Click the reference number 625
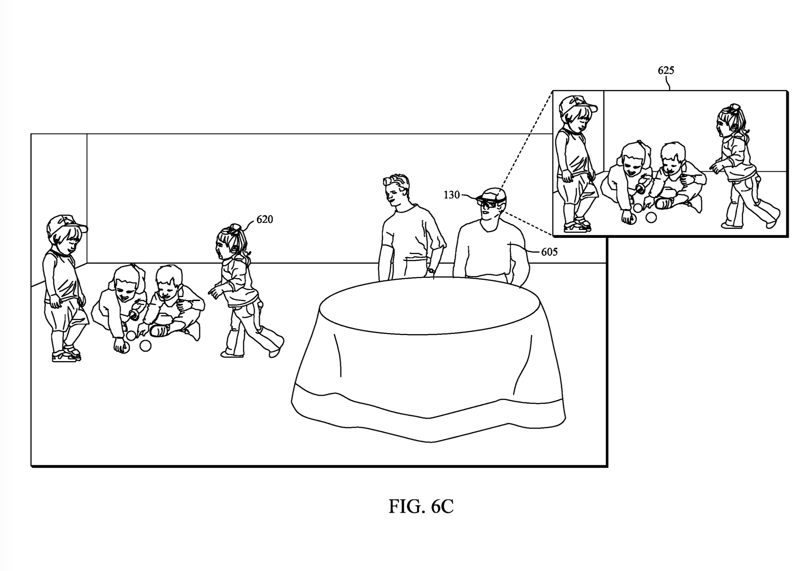[666, 70]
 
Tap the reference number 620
[264, 219]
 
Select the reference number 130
[451, 195]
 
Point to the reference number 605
[549, 252]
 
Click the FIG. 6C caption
[421, 507]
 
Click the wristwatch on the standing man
[430, 270]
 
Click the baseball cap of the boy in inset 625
[576, 105]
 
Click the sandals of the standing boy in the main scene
[67, 354]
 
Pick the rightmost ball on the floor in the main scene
[146, 346]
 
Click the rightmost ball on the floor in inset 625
[651, 217]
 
